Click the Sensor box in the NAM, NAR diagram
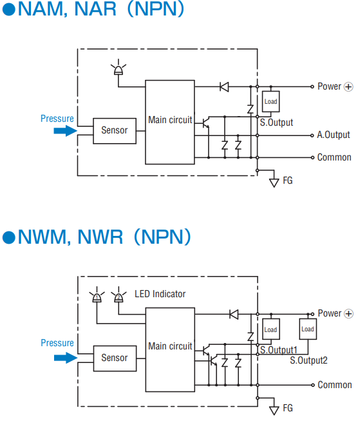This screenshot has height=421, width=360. tap(115, 131)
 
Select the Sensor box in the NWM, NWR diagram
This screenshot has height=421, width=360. tap(115, 358)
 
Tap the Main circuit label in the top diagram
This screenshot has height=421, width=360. tap(170, 120)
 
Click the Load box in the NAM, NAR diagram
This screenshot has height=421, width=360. tap(270, 101)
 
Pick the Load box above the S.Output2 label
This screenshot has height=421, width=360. tap(308, 329)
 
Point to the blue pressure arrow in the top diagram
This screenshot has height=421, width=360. tap(66, 131)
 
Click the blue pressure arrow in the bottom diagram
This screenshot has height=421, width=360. tap(66, 358)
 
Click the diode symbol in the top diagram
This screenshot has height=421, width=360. tap(224, 87)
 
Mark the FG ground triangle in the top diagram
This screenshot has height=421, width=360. tap(274, 183)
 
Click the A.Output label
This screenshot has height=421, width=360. tap(334, 135)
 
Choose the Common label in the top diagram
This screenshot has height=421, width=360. tap(334, 157)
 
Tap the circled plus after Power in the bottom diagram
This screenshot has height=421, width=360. tap(349, 313)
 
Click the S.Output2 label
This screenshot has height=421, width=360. tap(308, 360)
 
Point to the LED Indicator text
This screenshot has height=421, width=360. tap(160, 294)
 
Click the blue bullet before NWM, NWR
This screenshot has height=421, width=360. tap(9, 237)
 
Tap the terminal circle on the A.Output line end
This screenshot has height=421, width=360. tap(312, 135)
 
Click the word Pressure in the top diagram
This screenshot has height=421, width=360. tap(57, 119)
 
